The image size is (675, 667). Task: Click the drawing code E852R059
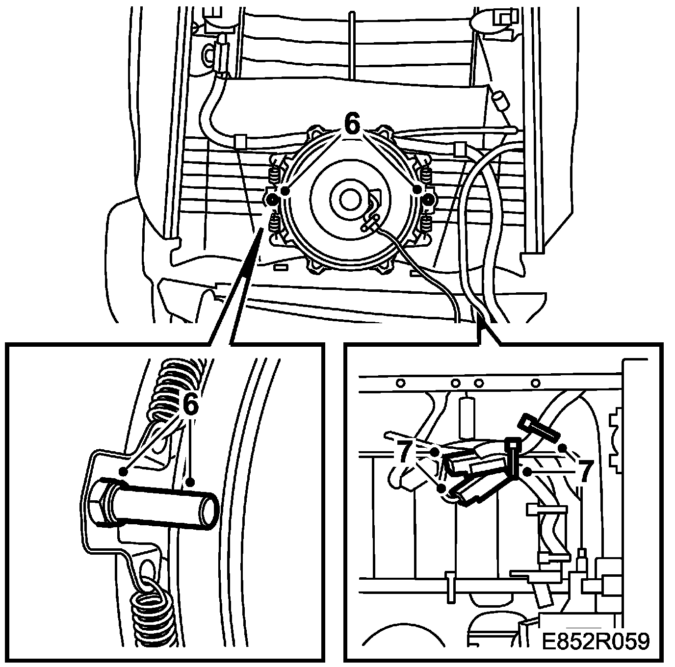[596, 641]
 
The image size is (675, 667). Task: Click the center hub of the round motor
[350, 198]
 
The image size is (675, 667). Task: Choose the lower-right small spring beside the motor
[425, 224]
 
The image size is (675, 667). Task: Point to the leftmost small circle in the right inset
[400, 383]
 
